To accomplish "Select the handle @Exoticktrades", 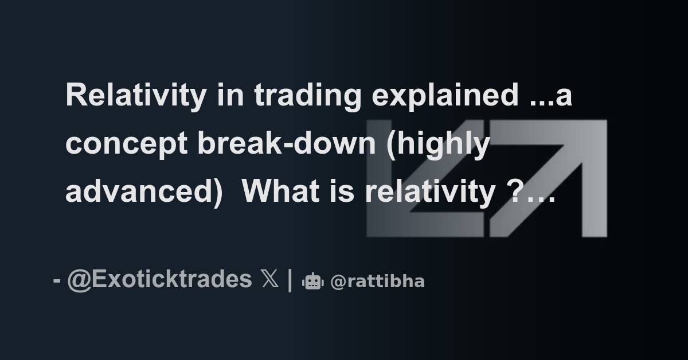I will [159, 280].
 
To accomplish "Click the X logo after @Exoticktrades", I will [270, 280].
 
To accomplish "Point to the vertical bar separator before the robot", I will [290, 280].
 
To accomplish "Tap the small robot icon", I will [313, 281].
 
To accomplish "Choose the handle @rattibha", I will [377, 281].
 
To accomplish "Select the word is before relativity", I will [341, 192].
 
